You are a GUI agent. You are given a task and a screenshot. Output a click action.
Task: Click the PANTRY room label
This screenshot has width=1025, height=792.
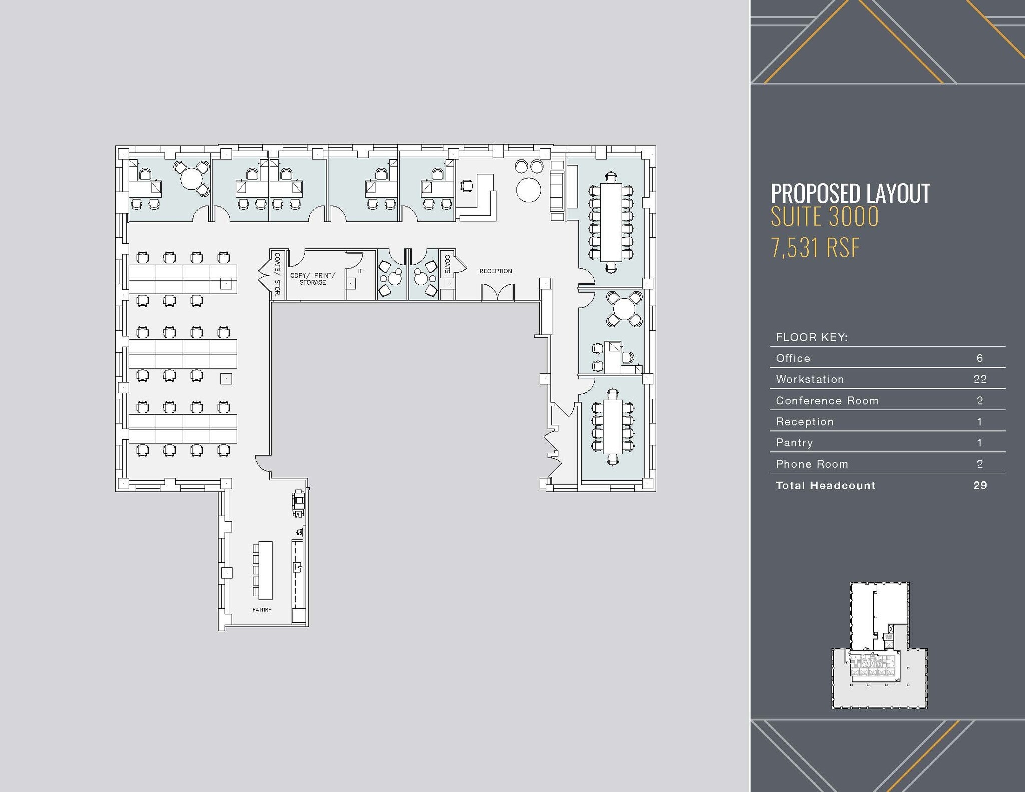pos(262,609)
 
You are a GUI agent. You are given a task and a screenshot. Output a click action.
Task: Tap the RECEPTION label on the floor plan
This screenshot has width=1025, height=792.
pos(495,271)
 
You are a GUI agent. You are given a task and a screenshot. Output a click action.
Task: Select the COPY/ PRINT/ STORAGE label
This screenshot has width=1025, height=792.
pos(312,279)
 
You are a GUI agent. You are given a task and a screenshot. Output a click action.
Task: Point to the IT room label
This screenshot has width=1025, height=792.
pos(360,271)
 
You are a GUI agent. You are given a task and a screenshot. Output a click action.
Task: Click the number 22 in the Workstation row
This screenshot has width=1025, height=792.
pos(980,379)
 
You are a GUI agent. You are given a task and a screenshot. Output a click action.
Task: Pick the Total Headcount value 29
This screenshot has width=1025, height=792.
pos(980,485)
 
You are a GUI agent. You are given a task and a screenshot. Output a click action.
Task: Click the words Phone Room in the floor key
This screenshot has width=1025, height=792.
pos(812,464)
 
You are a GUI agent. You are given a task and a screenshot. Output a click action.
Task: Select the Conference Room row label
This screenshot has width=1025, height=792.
pos(827,400)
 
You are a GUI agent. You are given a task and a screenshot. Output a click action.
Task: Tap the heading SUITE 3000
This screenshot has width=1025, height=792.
pos(824,217)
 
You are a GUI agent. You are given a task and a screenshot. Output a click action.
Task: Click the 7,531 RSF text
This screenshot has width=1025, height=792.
pos(815,247)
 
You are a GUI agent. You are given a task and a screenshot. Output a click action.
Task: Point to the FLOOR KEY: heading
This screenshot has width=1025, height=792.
pos(811,337)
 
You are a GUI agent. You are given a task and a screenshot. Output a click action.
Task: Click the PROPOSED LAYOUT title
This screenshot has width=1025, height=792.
pos(850,193)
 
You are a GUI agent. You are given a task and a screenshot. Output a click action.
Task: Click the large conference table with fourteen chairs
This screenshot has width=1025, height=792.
pos(611,222)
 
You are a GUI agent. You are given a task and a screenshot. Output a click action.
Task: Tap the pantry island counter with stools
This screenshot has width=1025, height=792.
pos(265,570)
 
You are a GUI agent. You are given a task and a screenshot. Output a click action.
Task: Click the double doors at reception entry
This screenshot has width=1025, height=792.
pos(497,292)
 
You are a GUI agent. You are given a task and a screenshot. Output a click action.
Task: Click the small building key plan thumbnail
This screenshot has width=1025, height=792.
pos(879,645)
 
